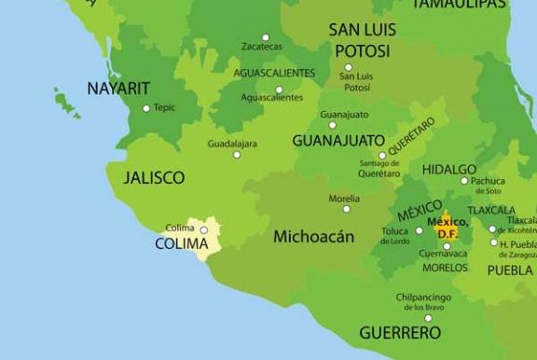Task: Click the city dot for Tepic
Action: (146, 108)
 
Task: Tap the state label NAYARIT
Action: (118, 89)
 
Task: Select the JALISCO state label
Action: (154, 177)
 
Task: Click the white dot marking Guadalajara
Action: (237, 155)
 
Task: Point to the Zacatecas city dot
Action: (266, 37)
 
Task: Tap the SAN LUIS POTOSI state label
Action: (362, 40)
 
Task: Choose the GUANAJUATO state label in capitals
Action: (338, 141)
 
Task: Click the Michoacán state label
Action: (313, 237)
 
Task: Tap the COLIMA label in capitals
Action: (181, 244)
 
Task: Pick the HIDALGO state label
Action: (448, 171)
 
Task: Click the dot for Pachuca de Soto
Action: (463, 181)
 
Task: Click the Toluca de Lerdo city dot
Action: (419, 230)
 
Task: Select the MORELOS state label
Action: (445, 268)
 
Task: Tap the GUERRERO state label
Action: (400, 332)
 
